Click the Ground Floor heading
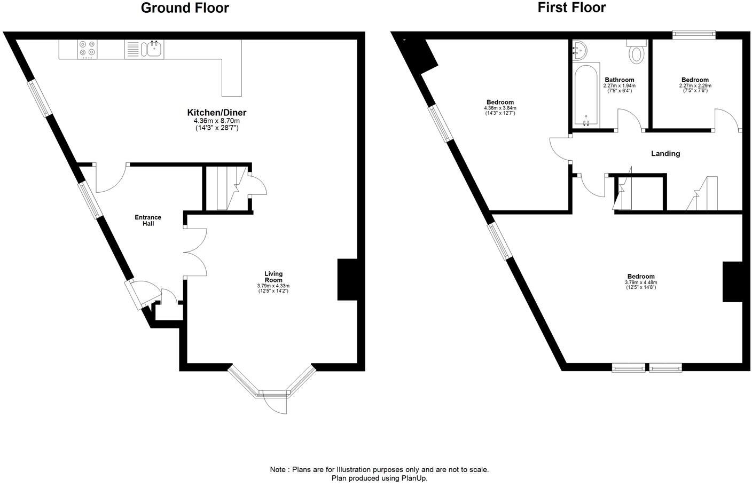pos(185,8)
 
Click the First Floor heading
pos(571,8)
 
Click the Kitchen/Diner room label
pos(216,113)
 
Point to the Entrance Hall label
pos(148,221)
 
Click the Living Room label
pos(273,277)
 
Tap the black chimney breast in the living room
pos(347,279)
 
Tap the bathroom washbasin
pos(579,51)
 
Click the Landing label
pos(665,154)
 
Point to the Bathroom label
pos(620,80)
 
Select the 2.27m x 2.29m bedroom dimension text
pos(695,86)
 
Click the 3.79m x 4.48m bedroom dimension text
pos(641,282)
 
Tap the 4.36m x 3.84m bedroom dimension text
pos(500,108)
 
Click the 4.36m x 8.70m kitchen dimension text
pos(216,121)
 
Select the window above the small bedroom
pos(693,35)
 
